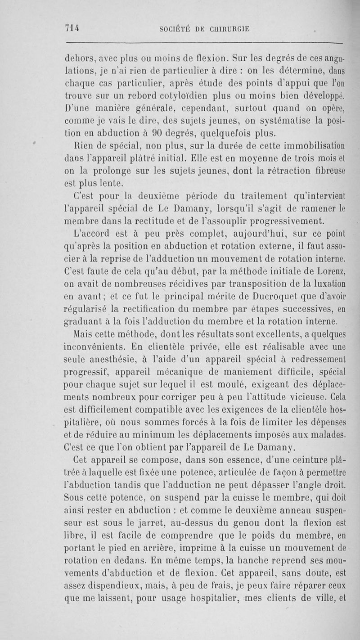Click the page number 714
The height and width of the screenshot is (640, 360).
coord(72,28)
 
